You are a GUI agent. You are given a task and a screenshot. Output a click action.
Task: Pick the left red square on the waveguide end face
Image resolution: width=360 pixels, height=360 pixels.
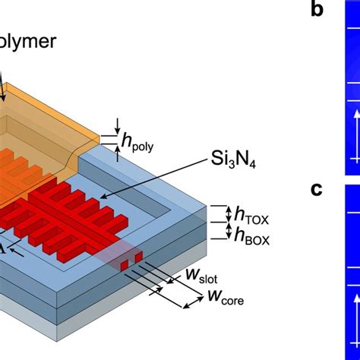coord(125,263)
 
